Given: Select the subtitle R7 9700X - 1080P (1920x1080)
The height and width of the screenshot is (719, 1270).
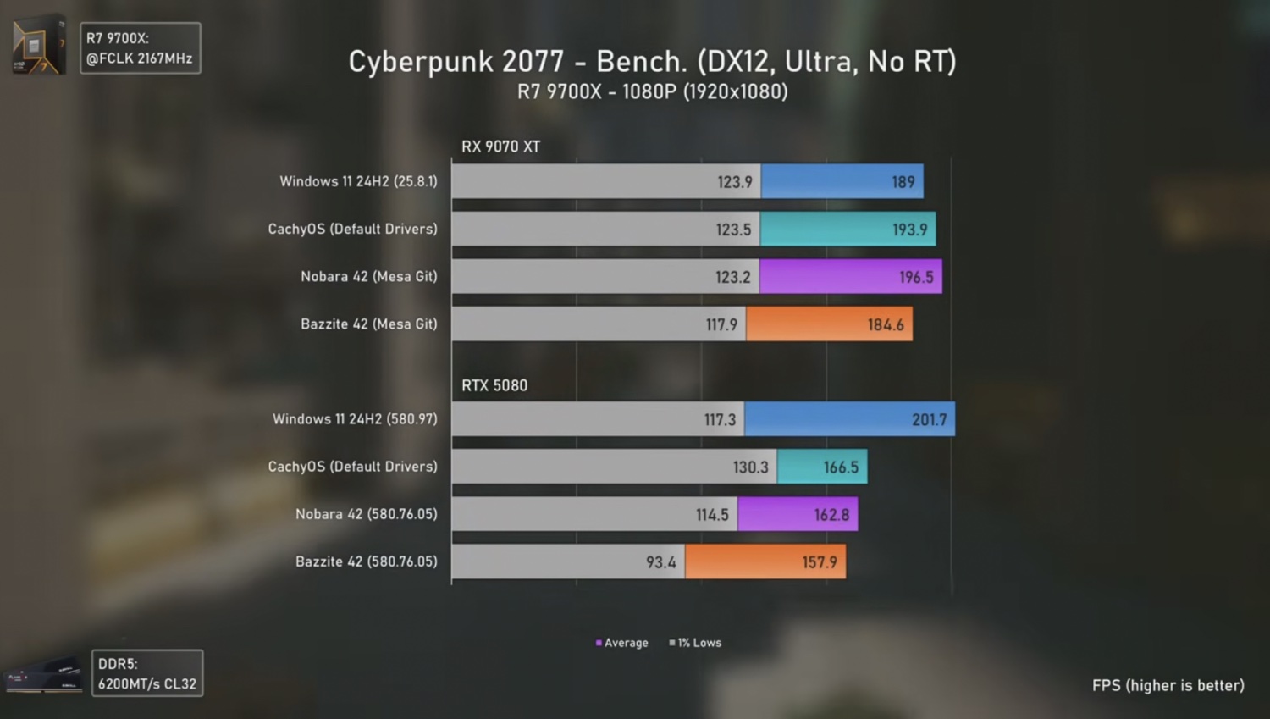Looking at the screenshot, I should tap(652, 91).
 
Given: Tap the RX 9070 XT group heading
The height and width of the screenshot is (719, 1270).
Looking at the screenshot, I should tap(500, 147).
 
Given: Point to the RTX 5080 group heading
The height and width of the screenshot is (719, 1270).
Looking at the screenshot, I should tap(494, 385).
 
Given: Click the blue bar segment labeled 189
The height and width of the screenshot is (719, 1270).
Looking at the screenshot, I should tap(842, 181).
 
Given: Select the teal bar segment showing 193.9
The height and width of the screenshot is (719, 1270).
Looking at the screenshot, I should tap(848, 229).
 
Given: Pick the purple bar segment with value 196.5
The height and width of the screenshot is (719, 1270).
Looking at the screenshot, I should tap(850, 277).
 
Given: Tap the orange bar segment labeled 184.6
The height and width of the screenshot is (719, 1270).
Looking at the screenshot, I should tap(829, 324).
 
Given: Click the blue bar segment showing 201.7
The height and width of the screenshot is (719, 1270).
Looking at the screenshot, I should tap(849, 419).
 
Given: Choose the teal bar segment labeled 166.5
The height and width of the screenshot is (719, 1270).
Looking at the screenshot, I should tap(821, 467).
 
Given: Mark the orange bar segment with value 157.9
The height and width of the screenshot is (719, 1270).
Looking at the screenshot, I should tap(765, 561).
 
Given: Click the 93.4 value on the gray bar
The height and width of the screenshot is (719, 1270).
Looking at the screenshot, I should tap(660, 562).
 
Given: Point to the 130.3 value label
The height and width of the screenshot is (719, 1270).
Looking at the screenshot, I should tap(750, 467).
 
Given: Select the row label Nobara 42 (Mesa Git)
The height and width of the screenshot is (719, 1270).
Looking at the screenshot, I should tap(368, 277).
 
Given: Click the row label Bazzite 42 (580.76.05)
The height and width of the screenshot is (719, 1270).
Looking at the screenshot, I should tap(366, 561).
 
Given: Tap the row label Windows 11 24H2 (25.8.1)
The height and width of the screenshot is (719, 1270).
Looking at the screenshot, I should tap(358, 181).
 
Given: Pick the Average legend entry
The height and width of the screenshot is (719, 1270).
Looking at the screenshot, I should tap(622, 643).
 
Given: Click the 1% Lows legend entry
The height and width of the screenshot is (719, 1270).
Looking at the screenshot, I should tap(696, 643).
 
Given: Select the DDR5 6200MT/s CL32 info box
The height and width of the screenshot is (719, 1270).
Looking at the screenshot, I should tap(147, 673).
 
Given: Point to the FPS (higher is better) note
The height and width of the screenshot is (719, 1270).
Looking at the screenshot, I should tap(1168, 685).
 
